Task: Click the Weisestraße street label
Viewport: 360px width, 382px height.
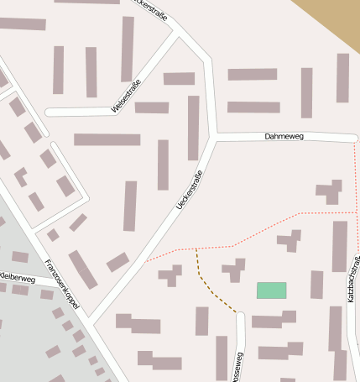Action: [x=127, y=97]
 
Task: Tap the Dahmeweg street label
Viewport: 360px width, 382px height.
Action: [x=283, y=135]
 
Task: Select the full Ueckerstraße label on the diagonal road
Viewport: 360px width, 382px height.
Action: [x=190, y=191]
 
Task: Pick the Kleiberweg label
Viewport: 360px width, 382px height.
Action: [x=17, y=277]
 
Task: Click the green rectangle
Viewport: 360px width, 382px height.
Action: [x=271, y=290]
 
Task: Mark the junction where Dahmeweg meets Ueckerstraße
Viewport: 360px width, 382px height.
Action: [x=216, y=135]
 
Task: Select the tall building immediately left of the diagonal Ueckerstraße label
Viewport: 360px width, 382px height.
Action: [x=163, y=165]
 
